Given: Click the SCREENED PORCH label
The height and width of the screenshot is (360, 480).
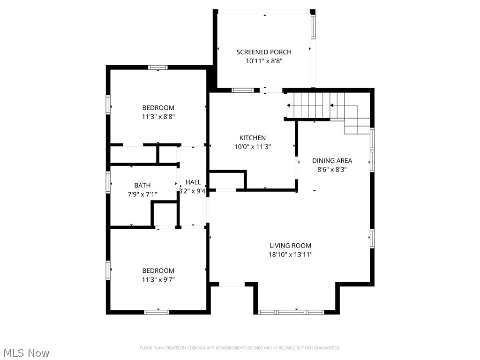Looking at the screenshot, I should point(263,52).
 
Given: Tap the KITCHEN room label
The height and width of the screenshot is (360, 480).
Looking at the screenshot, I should point(253,138).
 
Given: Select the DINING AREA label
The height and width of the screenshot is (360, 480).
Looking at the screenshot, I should point(332,161).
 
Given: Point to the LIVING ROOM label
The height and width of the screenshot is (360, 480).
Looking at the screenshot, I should point(290,246).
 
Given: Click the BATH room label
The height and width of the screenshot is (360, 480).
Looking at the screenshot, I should point(142,186).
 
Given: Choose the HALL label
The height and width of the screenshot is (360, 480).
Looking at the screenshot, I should point(193,182).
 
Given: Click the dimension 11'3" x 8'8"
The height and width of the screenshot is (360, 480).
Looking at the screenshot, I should point(158,117).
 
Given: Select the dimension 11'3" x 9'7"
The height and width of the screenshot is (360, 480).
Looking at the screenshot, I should point(158,279).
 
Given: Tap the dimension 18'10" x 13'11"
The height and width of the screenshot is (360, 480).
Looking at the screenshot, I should point(291,255).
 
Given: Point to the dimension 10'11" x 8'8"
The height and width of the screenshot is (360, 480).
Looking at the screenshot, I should point(263,61).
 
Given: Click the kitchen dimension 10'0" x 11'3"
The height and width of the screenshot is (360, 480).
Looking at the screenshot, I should point(253,147).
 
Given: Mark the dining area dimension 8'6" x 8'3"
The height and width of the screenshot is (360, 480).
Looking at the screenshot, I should point(332,170).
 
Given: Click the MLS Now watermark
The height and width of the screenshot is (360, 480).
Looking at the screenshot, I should point(26,352).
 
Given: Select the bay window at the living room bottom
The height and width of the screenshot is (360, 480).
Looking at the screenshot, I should point(291,312).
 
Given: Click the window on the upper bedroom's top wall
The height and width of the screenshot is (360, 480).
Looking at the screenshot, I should point(158,67).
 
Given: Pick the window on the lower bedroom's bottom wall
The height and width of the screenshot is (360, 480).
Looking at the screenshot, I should point(157,312).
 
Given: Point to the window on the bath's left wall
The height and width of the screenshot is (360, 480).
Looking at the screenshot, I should point(108,182).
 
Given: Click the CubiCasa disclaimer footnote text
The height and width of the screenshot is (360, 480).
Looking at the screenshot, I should point(240,348).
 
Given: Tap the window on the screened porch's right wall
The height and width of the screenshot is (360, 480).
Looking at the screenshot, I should point(313,27).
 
